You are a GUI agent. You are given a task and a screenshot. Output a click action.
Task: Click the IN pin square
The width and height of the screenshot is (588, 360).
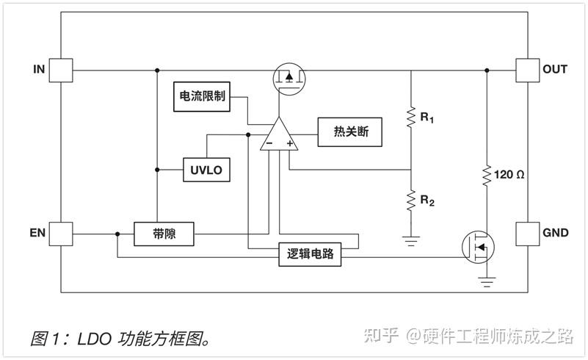61,71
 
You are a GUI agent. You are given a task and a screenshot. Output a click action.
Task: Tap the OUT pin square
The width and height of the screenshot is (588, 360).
528,71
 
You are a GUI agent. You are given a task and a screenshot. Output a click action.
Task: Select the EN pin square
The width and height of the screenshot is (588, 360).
61,234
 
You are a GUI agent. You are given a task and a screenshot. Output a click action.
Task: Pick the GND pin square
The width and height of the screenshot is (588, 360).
528,234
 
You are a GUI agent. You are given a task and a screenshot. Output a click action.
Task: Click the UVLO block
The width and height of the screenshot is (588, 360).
206,170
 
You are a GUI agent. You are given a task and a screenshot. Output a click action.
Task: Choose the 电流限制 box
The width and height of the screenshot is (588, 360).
202,96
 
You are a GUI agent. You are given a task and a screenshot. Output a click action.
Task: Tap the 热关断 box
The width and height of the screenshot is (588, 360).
350,132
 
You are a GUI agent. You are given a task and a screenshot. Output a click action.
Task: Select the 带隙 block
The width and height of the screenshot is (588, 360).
164,234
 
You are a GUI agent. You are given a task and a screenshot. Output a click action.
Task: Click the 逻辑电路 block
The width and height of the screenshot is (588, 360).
310,254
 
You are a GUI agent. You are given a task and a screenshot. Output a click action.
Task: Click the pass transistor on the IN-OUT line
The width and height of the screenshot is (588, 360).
289,79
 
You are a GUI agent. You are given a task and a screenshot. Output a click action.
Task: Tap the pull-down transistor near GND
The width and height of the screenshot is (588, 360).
478,247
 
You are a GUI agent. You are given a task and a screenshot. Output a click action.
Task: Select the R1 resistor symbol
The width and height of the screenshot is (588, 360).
411,117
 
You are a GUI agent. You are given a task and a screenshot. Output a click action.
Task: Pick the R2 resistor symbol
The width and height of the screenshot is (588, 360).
411,201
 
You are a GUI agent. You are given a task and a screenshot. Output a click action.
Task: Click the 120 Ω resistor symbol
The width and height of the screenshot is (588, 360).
487,176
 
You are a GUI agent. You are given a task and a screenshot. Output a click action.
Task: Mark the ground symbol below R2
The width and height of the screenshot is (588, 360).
411,241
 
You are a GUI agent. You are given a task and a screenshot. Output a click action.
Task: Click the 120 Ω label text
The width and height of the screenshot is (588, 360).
509,175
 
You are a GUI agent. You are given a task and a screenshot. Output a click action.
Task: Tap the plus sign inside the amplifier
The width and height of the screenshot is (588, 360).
289,143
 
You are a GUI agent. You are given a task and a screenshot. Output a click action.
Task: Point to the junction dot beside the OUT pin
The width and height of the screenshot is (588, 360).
487,71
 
